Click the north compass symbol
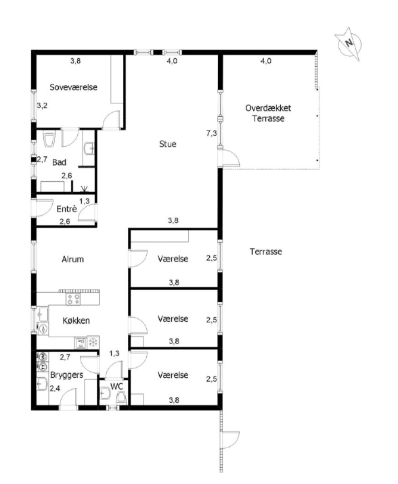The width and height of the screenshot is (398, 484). pyautogui.click(x=349, y=44)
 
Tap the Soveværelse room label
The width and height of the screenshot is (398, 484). pyautogui.click(x=74, y=87)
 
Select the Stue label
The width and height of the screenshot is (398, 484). pyautogui.click(x=168, y=144)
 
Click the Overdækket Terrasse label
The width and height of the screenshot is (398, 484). pyautogui.click(x=268, y=113)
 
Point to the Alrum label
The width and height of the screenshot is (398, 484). pyautogui.click(x=72, y=260)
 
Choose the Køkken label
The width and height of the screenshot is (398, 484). pyautogui.click(x=76, y=320)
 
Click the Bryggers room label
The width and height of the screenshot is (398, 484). pyautogui.click(x=66, y=375)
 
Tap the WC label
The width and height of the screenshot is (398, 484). pyautogui.click(x=116, y=386)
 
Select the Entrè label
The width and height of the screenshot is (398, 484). pyautogui.click(x=66, y=209)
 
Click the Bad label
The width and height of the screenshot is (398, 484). pyautogui.click(x=59, y=162)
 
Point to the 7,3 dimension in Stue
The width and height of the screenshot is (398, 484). pyautogui.click(x=211, y=133)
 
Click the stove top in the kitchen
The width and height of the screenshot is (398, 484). pyautogui.click(x=74, y=299)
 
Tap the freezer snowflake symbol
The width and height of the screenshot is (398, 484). pyautogui.click(x=93, y=342)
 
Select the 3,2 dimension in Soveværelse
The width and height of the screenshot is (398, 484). pyautogui.click(x=42, y=105)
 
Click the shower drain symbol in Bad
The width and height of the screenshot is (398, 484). pyautogui.click(x=84, y=188)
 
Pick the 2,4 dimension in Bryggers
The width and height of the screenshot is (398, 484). pyautogui.click(x=55, y=388)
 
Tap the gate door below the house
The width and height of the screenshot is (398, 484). pyautogui.click(x=231, y=440)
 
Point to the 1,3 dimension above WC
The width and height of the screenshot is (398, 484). pyautogui.click(x=114, y=354)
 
